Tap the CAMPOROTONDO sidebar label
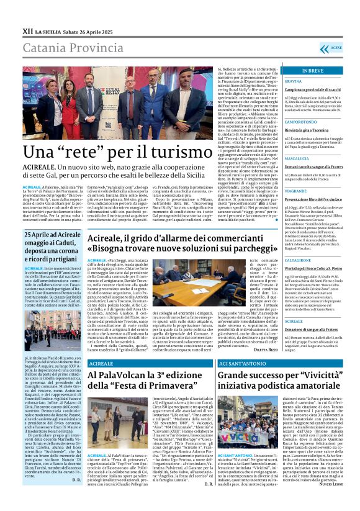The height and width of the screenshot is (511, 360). (x=301, y=122)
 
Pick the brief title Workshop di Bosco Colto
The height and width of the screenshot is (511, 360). (x=311, y=268)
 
